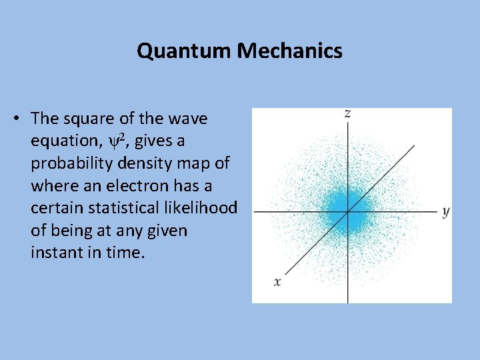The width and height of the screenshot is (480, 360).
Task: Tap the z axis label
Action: (x=347, y=113)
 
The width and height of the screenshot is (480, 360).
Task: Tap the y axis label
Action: (x=445, y=212)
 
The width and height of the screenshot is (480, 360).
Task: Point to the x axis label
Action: (x=277, y=282)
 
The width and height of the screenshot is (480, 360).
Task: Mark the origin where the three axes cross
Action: (x=347, y=212)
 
